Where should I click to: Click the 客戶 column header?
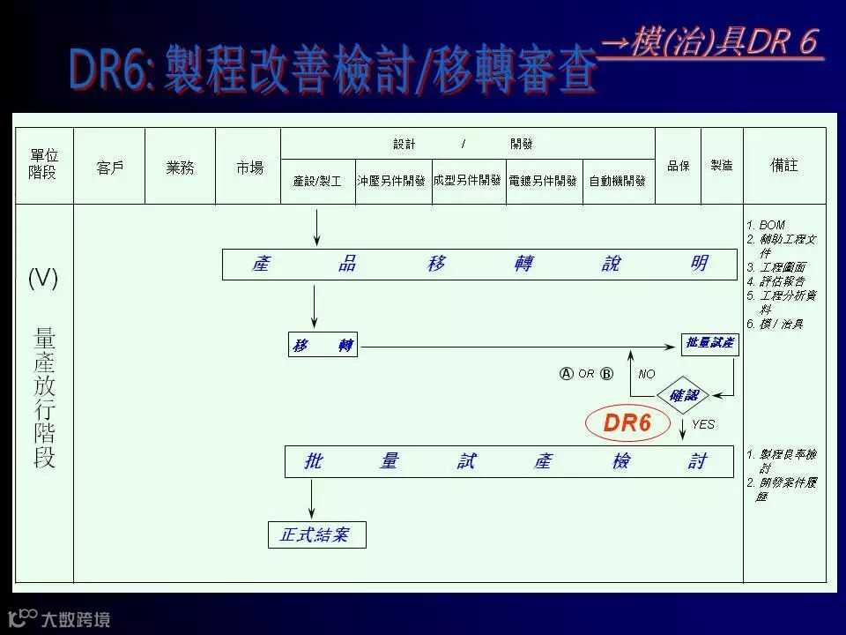click(x=109, y=168)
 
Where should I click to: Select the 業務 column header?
click(x=180, y=168)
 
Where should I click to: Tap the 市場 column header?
click(x=249, y=168)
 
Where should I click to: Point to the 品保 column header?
click(x=679, y=166)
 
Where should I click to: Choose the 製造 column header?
click(x=722, y=166)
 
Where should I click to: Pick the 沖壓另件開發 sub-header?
click(x=391, y=181)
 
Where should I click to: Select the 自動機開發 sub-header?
click(x=617, y=181)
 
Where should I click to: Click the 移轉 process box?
click(x=323, y=346)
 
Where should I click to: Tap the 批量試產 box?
click(x=710, y=344)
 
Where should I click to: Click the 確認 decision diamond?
click(x=684, y=396)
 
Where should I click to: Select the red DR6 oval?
click(x=627, y=424)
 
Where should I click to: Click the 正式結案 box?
click(x=315, y=534)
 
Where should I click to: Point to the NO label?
click(x=647, y=374)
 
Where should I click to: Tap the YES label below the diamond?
click(x=703, y=425)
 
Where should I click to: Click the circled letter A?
click(x=567, y=374)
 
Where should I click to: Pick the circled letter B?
click(x=606, y=374)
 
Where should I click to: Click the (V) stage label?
click(x=43, y=280)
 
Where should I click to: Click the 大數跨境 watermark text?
click(x=76, y=619)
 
